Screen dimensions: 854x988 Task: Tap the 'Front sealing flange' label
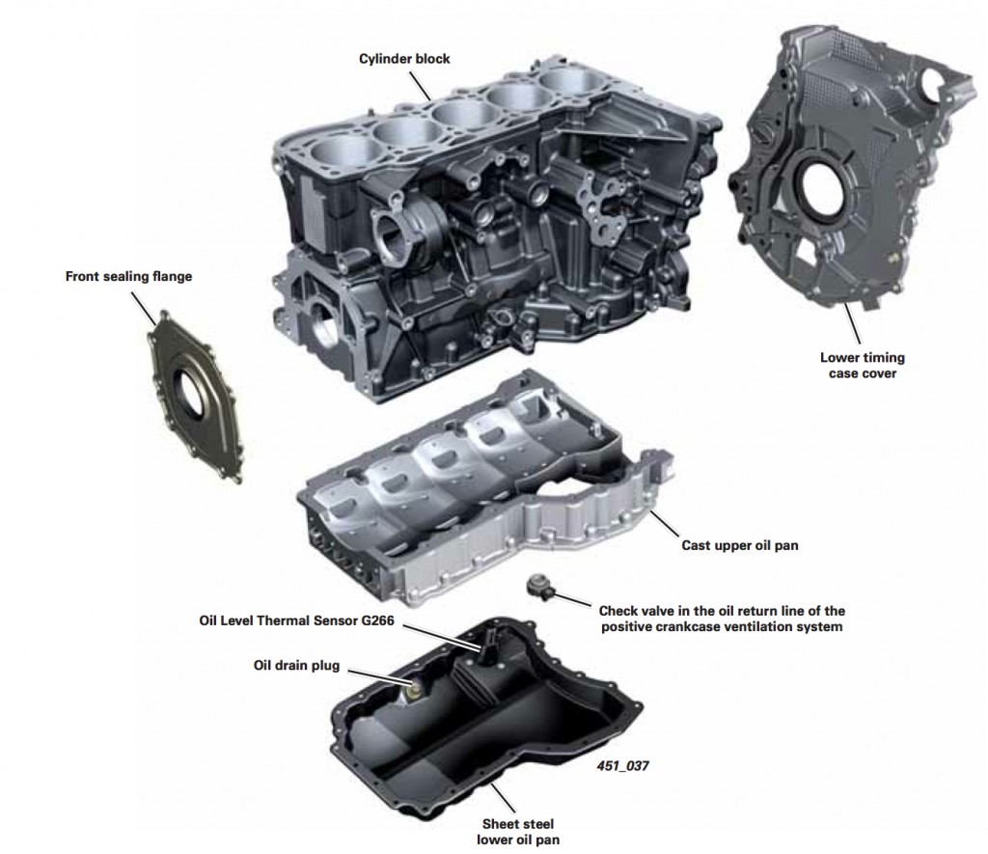(128, 276)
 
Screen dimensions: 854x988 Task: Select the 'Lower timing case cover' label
(862, 365)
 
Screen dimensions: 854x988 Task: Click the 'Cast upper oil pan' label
(738, 545)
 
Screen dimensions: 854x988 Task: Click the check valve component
(537, 586)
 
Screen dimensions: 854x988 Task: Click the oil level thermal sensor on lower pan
(491, 641)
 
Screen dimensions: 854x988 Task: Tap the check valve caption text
(722, 619)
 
